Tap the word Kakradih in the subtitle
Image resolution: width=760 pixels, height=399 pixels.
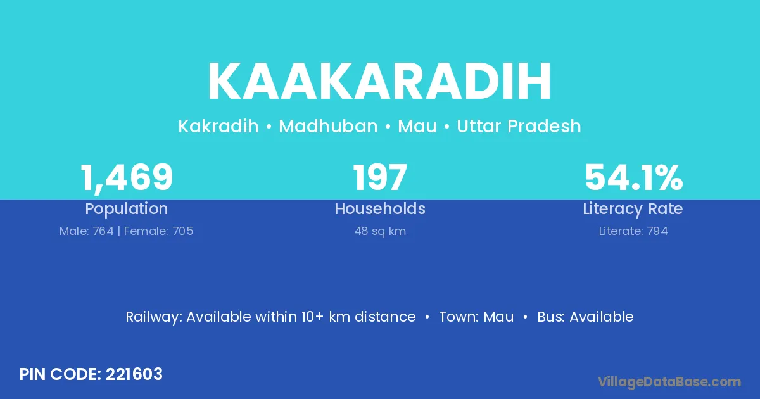pos(218,126)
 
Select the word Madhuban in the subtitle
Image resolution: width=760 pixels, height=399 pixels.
pos(328,126)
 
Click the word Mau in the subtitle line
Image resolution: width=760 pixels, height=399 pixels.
pos(417,126)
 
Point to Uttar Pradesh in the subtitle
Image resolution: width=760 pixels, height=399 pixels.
pos(519,126)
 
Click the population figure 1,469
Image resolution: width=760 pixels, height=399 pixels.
pos(127,178)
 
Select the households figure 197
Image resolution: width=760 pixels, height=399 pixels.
pos(380,177)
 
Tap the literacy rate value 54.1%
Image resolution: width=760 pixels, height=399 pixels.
pos(633,177)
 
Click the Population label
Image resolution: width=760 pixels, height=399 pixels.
pos(127,209)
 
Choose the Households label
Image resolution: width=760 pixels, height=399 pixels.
pos(380,208)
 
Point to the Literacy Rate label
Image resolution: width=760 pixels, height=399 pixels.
pos(633,209)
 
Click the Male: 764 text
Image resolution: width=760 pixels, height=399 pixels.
pos(87,231)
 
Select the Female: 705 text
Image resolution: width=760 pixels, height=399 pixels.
pos(159,231)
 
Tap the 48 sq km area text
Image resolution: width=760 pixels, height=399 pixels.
pos(380,231)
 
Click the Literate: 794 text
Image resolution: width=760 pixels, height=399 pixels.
pos(633,231)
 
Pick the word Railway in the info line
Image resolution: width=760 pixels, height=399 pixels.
pos(154,317)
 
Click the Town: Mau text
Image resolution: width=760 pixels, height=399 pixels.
pos(476,317)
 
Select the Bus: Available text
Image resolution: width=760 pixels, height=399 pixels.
pos(585,317)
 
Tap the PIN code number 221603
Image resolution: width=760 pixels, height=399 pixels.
pos(134,374)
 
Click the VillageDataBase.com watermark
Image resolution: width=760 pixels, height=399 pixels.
pos(669,383)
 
